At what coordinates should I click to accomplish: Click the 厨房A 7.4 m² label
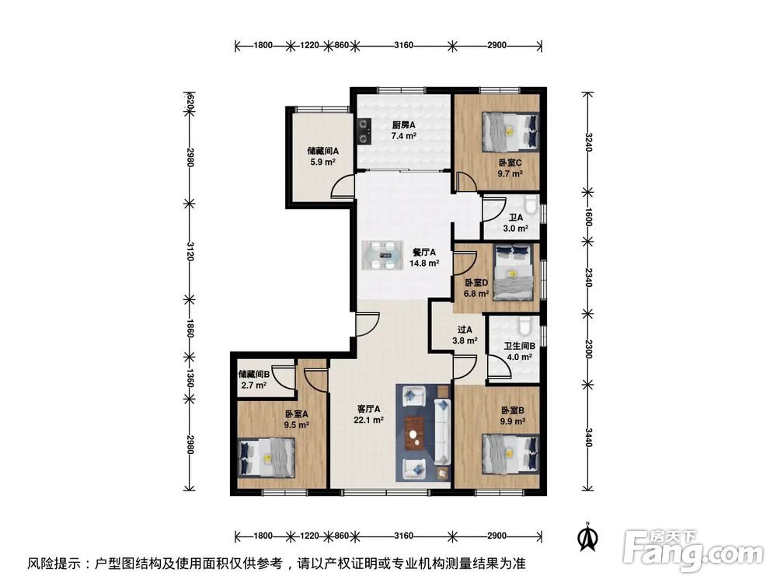click(x=403, y=130)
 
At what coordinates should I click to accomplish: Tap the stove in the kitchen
click(x=363, y=131)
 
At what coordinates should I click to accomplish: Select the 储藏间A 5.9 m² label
click(x=321, y=157)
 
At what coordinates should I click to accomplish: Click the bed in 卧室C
click(x=510, y=131)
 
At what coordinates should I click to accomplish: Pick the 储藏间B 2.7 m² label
click(x=253, y=379)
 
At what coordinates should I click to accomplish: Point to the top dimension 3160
click(x=402, y=45)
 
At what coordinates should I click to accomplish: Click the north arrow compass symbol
click(x=589, y=536)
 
